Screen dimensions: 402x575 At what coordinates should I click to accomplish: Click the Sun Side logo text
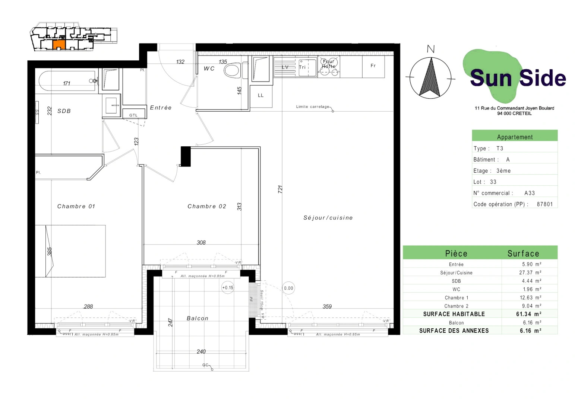518,78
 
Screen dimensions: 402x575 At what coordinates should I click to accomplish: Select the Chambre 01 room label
76,206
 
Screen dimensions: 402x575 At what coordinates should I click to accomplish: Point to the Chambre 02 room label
207,206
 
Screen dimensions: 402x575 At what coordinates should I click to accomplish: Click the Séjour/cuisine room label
328,218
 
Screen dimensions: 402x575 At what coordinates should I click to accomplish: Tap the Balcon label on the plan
198,318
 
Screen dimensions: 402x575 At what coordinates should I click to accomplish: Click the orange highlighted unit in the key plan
59,45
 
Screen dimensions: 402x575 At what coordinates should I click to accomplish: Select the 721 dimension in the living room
280,189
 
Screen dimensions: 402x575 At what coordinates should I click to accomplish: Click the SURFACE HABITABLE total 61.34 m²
528,314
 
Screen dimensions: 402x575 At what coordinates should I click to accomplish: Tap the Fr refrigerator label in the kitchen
373,66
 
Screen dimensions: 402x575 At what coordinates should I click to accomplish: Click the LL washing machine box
261,96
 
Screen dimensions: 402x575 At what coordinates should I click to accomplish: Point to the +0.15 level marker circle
228,288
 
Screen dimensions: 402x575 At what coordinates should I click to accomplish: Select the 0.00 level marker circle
288,288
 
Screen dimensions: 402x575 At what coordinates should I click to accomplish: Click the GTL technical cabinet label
133,115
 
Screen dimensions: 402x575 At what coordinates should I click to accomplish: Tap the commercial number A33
529,193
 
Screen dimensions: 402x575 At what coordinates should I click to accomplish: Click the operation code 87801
544,204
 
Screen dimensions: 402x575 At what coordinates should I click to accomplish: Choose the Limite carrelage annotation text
312,107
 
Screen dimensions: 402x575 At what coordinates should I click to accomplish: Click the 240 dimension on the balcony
201,351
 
